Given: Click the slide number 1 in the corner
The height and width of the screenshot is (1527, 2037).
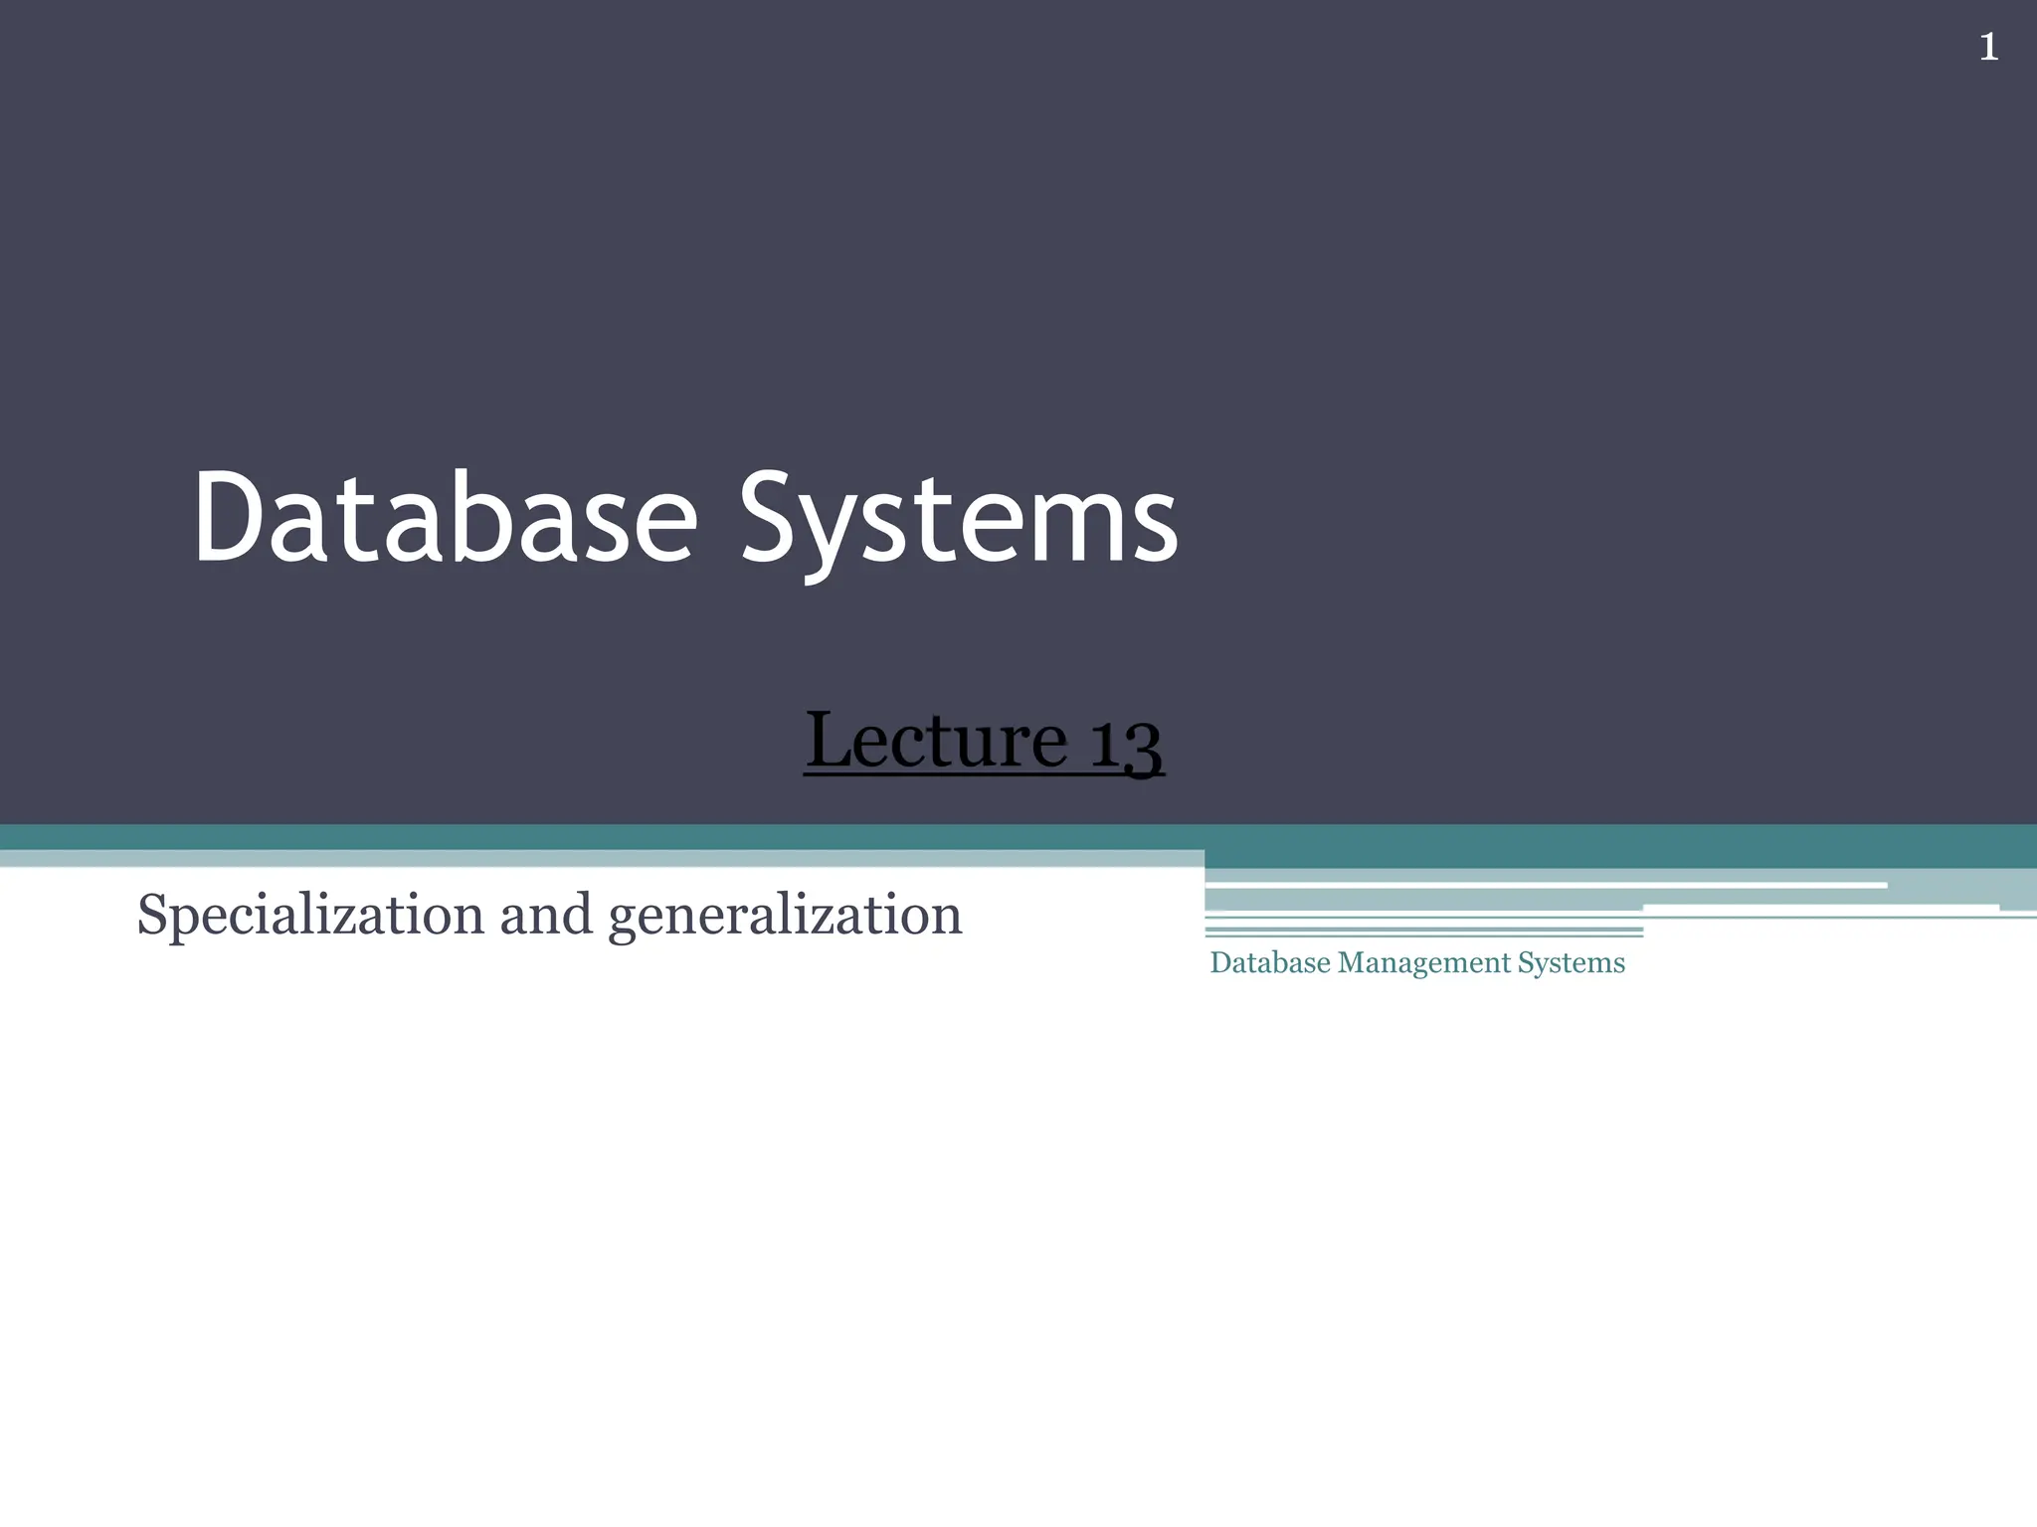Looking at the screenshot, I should click(x=1988, y=47).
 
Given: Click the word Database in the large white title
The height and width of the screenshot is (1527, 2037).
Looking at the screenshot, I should click(x=446, y=519).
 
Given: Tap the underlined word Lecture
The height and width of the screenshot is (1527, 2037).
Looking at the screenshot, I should click(x=936, y=740).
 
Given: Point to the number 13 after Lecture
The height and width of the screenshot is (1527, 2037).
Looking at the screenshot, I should click(x=1126, y=743).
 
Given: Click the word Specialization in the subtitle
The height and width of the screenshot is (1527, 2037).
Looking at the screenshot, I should click(x=310, y=915).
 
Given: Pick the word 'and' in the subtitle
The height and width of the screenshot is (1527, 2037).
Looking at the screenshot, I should click(x=545, y=914).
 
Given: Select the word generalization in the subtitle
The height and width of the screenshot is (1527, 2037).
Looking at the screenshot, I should click(x=786, y=916).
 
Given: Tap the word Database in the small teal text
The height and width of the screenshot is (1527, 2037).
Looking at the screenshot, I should click(x=1269, y=962).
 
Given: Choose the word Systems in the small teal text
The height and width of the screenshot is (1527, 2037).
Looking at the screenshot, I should click(x=1571, y=962).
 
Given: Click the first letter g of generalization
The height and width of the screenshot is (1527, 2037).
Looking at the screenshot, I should click(x=625, y=919).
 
